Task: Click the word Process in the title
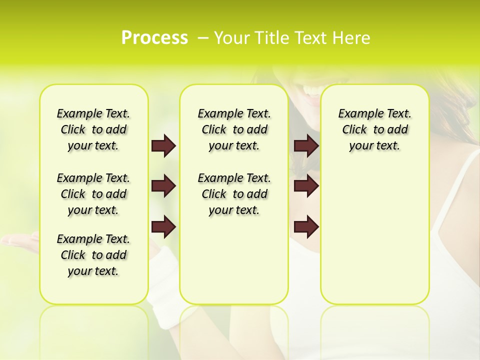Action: point(154,37)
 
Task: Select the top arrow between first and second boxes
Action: point(163,146)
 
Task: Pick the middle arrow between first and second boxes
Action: point(163,186)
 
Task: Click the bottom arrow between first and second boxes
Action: point(163,227)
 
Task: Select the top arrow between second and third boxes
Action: point(306,146)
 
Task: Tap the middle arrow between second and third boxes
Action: point(306,186)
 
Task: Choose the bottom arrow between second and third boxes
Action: point(306,227)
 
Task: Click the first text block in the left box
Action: point(93,129)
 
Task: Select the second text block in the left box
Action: point(93,194)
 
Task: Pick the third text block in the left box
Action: point(93,255)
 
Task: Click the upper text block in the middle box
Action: point(234,129)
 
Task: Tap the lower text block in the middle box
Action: point(234,194)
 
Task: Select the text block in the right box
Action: point(374,129)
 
